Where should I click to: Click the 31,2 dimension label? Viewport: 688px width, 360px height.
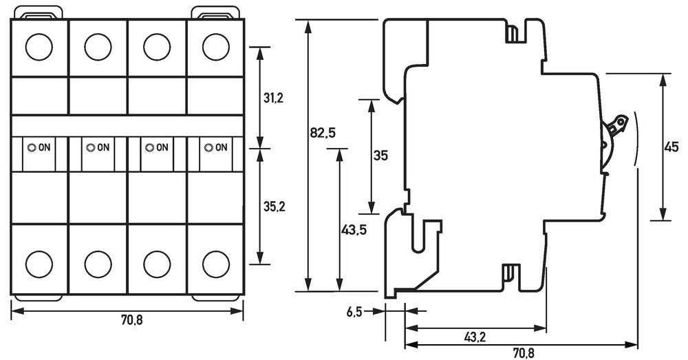coord(274,98)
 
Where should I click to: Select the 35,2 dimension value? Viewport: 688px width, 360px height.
coord(274,206)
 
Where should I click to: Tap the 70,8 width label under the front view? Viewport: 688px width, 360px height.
coord(129,319)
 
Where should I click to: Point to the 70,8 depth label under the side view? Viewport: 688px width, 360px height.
coord(523,352)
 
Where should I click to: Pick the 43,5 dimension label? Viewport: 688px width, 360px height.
coord(354,230)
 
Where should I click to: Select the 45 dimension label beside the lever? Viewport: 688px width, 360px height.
coord(671,146)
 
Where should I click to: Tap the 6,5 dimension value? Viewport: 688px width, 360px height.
coord(355,311)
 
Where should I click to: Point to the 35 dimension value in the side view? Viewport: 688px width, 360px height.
coord(380,156)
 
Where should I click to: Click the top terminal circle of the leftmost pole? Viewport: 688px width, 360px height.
coord(39,47)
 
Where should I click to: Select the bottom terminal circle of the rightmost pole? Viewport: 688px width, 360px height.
coord(216,263)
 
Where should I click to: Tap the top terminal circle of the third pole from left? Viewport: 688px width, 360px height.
coord(157,47)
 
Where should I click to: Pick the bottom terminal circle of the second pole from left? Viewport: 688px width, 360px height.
coord(98,263)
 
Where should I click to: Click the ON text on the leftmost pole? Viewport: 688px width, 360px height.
coord(45,147)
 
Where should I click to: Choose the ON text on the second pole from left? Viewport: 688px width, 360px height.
coord(103,147)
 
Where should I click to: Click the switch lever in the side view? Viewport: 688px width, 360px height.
coord(616,127)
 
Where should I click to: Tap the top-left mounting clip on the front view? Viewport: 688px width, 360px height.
coord(39,12)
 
